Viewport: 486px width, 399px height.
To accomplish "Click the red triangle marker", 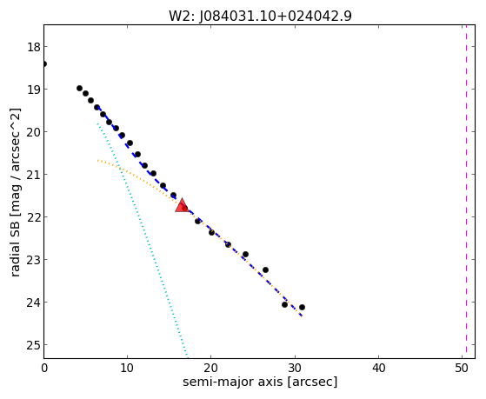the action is click(182, 205).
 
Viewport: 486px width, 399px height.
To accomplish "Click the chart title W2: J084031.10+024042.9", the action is click(260, 17).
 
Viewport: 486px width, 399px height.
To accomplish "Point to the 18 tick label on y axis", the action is click(33, 47).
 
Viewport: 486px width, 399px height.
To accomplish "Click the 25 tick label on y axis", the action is click(33, 345).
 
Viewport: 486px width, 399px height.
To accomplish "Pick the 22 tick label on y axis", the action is click(33, 217).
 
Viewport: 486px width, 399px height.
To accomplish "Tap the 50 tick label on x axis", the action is click(462, 369).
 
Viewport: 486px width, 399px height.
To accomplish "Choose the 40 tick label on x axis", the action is click(378, 369).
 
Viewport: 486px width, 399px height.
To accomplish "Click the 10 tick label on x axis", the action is click(127, 369).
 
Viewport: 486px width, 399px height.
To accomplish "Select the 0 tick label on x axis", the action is click(44, 369).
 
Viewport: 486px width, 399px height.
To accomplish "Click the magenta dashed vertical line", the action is click(466, 191).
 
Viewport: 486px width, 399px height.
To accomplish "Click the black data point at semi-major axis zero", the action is click(44, 63).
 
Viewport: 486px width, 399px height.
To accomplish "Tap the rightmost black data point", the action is click(302, 307).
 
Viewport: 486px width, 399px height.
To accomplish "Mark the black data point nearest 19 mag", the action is click(79, 89).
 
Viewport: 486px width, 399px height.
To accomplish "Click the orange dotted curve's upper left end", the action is click(97, 161).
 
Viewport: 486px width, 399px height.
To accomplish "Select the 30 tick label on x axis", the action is click(295, 369).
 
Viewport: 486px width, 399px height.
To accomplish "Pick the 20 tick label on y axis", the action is click(33, 132).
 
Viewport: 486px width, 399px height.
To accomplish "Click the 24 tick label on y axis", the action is click(33, 303).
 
